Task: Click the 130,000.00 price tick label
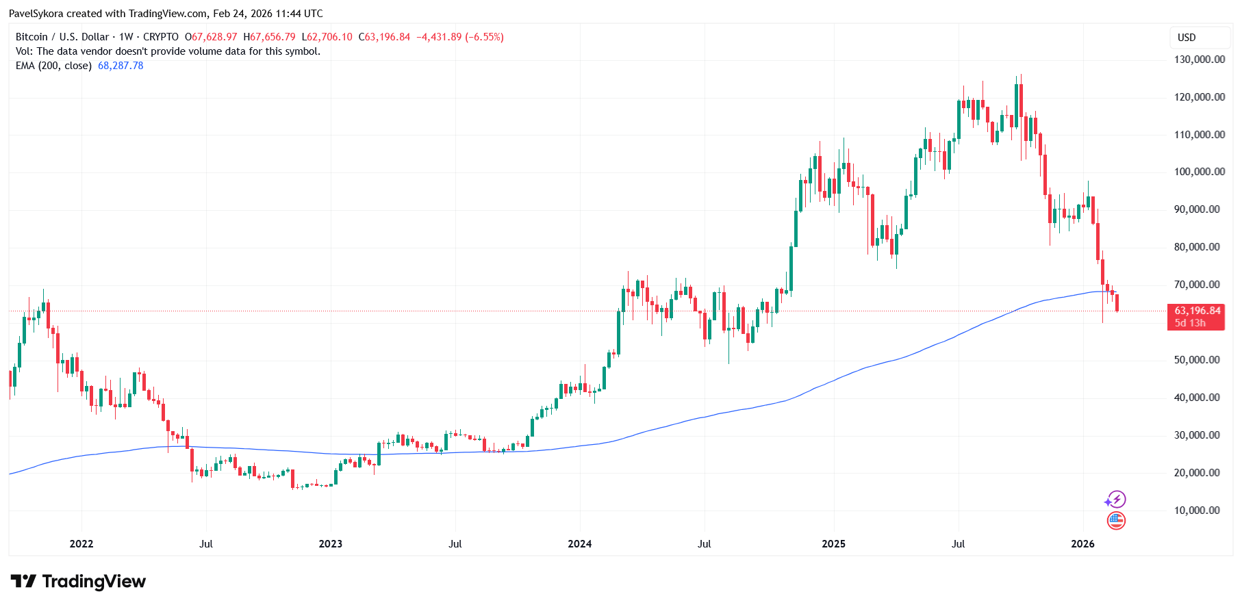click(1200, 60)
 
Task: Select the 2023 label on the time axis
click(331, 544)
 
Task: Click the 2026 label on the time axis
click(1082, 544)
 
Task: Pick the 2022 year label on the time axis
click(81, 544)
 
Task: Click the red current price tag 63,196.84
click(1197, 311)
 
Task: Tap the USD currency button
click(1187, 38)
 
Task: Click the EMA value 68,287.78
click(121, 66)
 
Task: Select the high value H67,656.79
click(270, 37)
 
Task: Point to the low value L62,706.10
click(327, 37)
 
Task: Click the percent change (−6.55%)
click(484, 37)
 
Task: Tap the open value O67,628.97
click(211, 37)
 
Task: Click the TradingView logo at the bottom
click(78, 582)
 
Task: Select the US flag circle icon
click(1116, 521)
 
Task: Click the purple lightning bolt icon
click(1116, 500)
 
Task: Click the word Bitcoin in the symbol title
click(31, 37)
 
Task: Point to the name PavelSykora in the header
click(36, 14)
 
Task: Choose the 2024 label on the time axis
click(580, 544)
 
